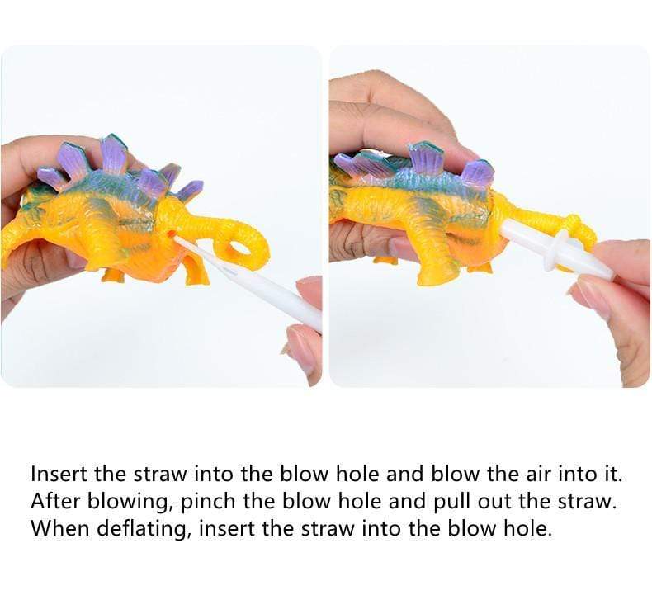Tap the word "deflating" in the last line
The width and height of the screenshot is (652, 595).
[x=145, y=529]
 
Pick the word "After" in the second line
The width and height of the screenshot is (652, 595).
[x=55, y=502]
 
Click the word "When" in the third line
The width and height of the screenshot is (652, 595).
[x=60, y=528]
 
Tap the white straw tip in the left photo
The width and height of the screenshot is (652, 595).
[x=178, y=239]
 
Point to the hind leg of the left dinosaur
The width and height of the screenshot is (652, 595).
[x=196, y=266]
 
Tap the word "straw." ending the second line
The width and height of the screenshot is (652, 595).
[x=585, y=502]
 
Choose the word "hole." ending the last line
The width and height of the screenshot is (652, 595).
[x=528, y=528]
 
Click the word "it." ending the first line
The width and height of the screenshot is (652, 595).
[x=612, y=474]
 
